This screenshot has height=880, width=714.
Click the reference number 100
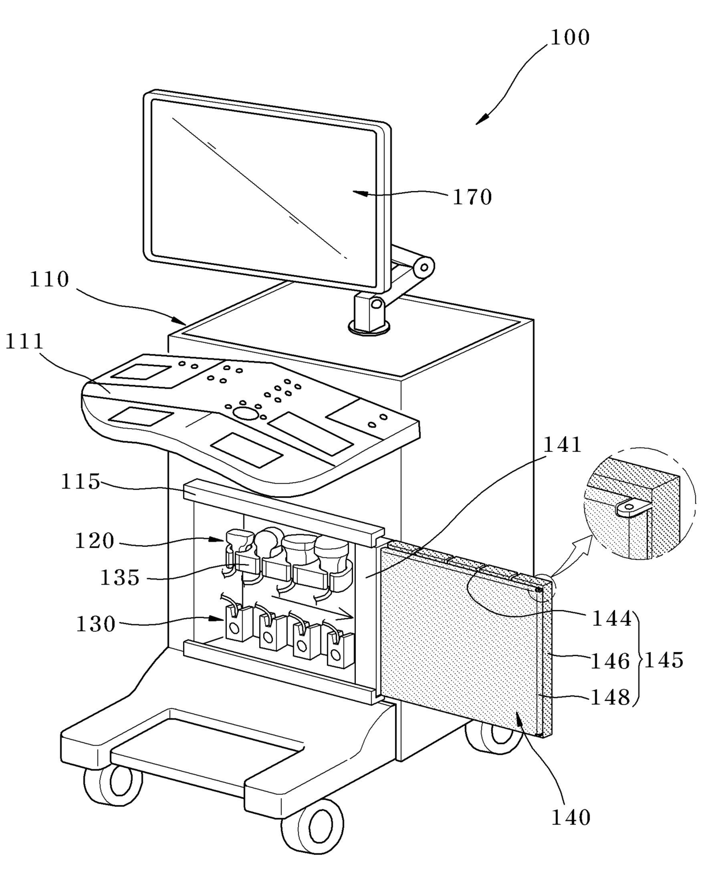pos(570,38)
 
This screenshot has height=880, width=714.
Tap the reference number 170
pos(472,197)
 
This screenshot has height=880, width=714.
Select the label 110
pos(50,280)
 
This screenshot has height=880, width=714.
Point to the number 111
pos(24,342)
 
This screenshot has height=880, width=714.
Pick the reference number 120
pos(94,541)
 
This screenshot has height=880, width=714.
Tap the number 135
pos(120,578)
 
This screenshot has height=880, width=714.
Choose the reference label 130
pos(96,624)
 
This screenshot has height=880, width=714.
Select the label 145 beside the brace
pos(664,660)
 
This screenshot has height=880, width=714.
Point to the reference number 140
pos(571,817)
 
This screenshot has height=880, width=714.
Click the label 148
pos(611,698)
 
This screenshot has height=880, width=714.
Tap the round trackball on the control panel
pos(245,413)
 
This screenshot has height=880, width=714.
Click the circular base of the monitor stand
pos(369,328)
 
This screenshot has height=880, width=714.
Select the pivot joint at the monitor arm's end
pos(424,266)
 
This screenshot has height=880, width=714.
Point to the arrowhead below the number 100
pos(481,119)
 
